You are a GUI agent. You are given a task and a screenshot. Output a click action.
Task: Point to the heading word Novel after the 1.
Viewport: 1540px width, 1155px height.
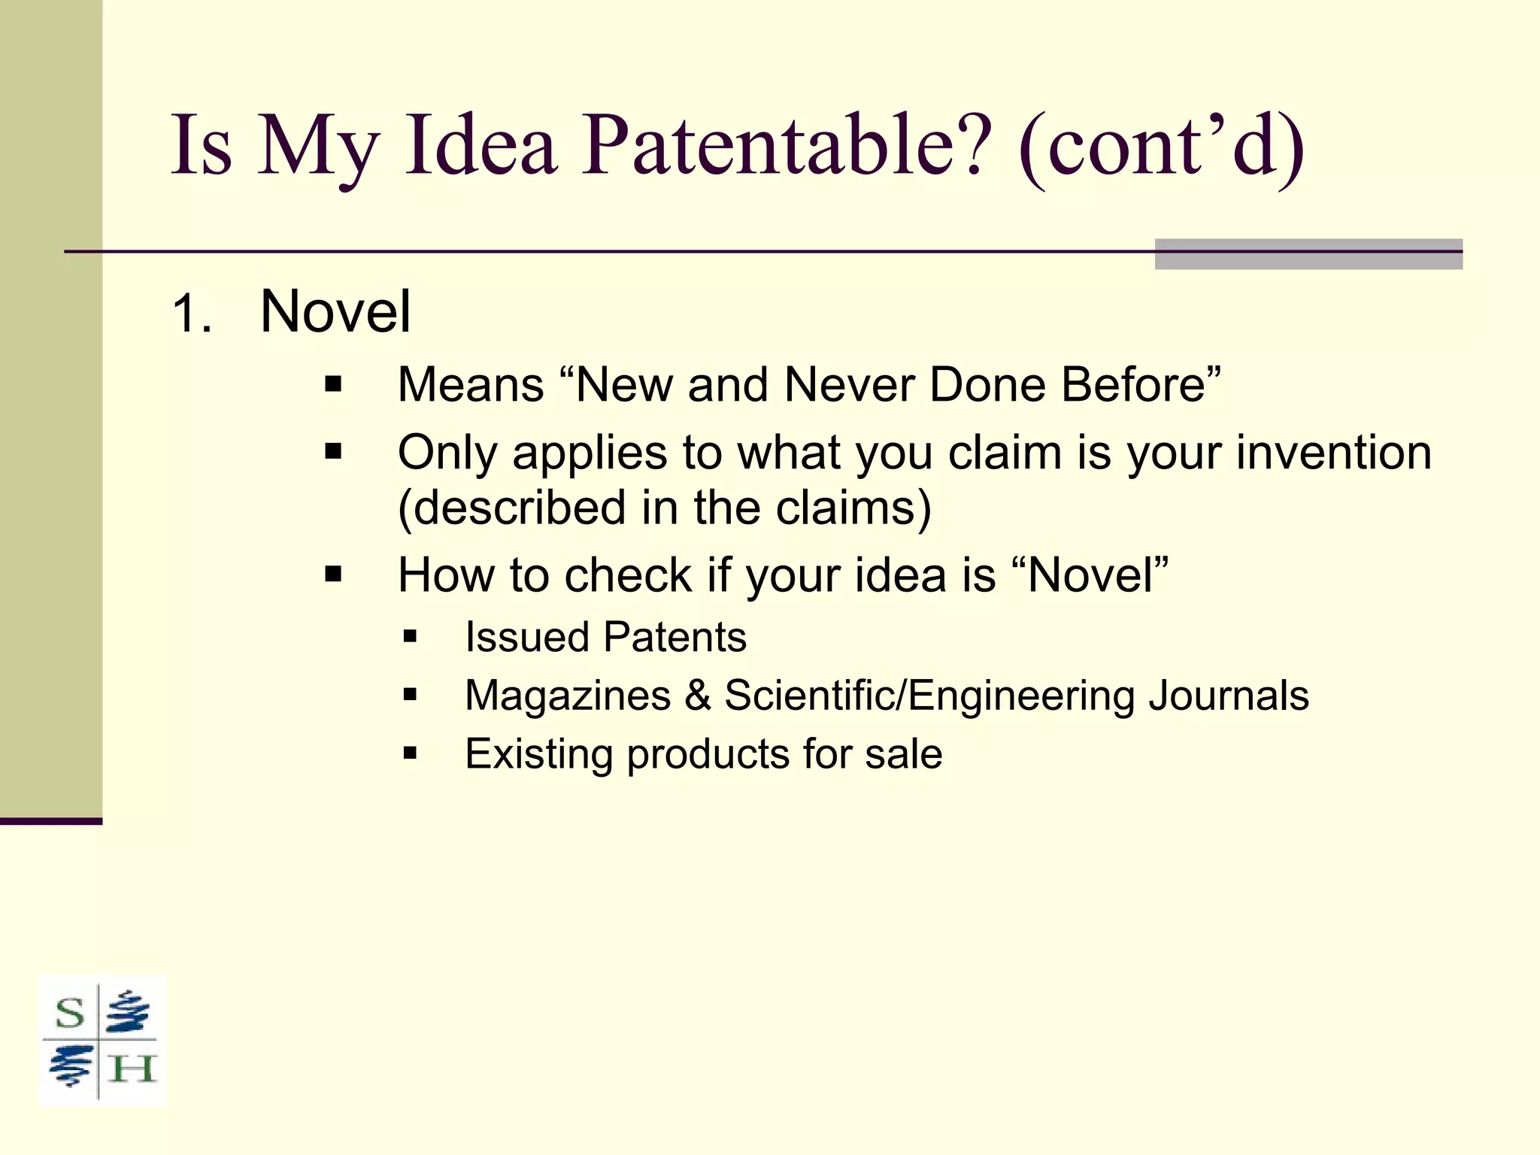tap(335, 311)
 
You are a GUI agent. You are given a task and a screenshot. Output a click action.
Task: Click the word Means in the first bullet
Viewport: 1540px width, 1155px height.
tap(471, 385)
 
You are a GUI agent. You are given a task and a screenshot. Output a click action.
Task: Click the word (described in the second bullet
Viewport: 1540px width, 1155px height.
tap(511, 508)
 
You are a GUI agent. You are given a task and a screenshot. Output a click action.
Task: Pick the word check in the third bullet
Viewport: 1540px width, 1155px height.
tap(627, 575)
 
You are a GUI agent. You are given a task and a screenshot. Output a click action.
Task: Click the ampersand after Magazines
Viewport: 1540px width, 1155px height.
tap(698, 696)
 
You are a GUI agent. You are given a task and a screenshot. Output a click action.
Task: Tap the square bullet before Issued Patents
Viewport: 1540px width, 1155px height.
tap(410, 638)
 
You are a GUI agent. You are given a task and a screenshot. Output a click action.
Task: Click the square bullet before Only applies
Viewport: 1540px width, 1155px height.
tap(333, 452)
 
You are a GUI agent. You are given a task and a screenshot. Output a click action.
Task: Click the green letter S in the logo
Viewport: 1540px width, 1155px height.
tap(70, 1014)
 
